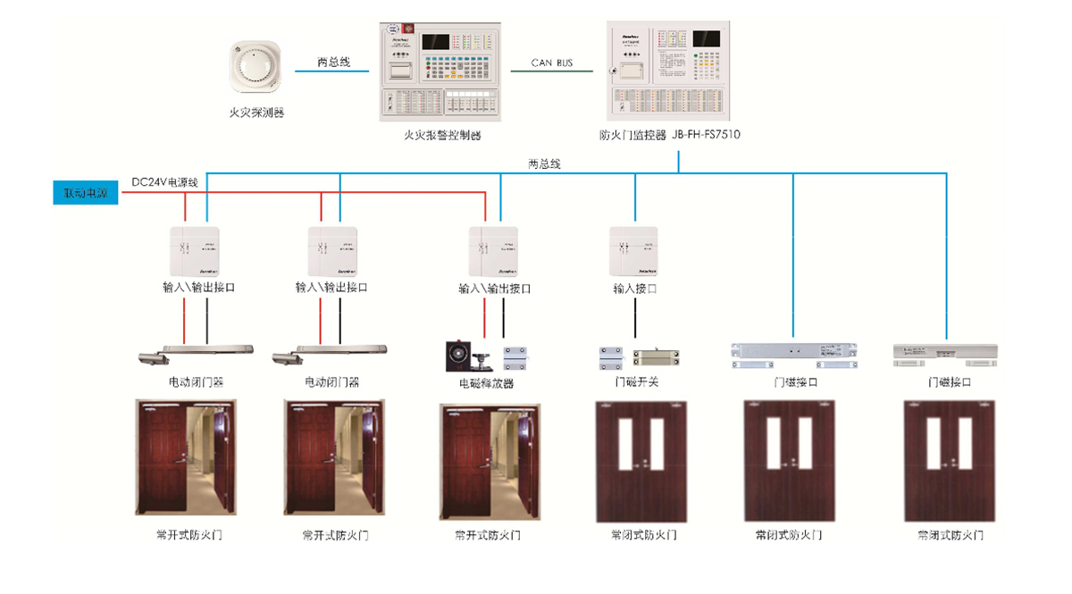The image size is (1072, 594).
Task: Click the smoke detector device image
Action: tap(256, 67)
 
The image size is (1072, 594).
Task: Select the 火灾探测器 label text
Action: tap(256, 113)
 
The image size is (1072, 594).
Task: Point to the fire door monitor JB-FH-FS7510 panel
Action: tap(669, 71)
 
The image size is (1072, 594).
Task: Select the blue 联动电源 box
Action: tap(85, 194)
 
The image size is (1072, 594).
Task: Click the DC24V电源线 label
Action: tap(165, 181)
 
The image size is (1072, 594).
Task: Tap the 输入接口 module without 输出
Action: tap(634, 251)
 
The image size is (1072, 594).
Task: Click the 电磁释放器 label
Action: tap(486, 383)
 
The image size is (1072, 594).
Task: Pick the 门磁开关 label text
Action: tap(636, 382)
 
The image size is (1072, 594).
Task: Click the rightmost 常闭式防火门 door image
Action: tap(949, 461)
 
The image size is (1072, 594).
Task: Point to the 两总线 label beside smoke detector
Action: tap(333, 63)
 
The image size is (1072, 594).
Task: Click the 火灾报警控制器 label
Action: tap(442, 136)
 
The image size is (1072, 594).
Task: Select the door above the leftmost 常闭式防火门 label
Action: tap(642, 461)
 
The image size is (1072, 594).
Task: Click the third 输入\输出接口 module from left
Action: tap(494, 251)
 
